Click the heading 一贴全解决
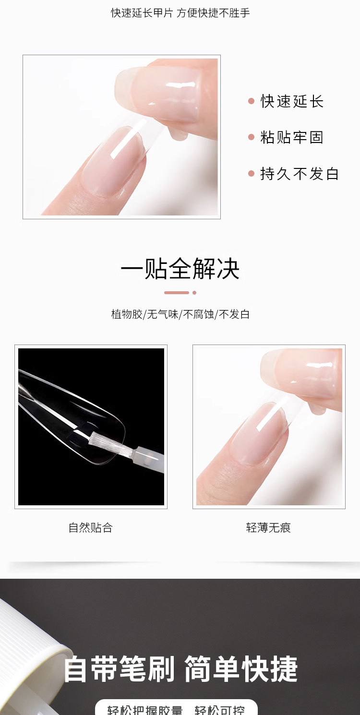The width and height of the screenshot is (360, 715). coord(180,269)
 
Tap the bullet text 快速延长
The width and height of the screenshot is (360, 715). coord(292,101)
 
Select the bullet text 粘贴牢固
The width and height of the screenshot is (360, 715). coord(292,138)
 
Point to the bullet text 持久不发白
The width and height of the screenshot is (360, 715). coord(300,174)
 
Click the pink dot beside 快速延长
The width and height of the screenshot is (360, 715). coord(251,101)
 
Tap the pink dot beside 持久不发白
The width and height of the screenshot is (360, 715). coord(251,174)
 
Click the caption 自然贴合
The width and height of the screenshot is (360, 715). coord(90,528)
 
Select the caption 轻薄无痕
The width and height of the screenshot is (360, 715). coord(268,528)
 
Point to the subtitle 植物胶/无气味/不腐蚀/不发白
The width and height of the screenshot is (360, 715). coord(180,315)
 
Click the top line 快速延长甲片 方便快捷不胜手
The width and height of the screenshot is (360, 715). coord(180,13)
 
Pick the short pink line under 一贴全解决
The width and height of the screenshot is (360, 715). coord(177,293)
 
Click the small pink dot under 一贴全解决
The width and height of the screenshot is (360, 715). coord(194,293)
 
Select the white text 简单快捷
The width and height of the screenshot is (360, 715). coord(241,670)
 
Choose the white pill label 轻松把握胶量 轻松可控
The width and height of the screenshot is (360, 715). coord(176,708)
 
